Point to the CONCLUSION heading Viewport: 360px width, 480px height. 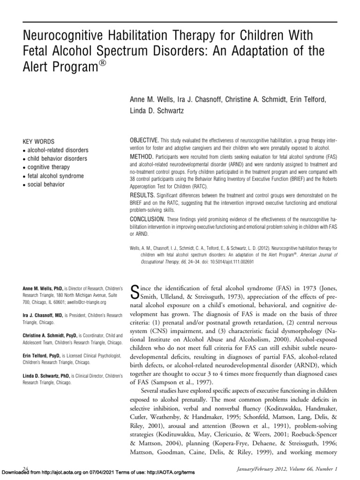pyautogui.click(x=147, y=219)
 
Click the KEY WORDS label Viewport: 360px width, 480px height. pyautogui.click(x=38, y=141)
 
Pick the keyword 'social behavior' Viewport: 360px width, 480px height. pyautogui.click(x=46, y=184)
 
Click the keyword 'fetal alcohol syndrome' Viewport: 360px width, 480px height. pyautogui.click(x=55, y=176)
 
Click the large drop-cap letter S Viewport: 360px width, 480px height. pyautogui.click(x=132, y=292)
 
